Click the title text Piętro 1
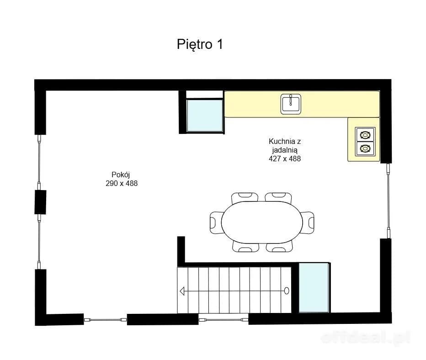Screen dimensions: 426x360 coord(200,44)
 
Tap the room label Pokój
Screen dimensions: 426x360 coord(121,175)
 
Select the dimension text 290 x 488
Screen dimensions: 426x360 coord(122,184)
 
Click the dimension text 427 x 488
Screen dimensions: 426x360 coord(285,159)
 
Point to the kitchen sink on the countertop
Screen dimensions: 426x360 coord(291,103)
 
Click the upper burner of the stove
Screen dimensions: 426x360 coord(365,135)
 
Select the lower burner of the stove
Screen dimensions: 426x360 coord(365,148)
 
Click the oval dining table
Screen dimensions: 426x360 coord(262,222)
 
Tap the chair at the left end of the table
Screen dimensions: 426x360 coord(216,222)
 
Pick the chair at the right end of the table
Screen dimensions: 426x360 coord(308,222)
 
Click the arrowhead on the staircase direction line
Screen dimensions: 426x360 coord(182,291)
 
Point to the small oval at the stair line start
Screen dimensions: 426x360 coord(286,291)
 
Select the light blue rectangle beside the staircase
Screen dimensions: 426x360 coord(314,288)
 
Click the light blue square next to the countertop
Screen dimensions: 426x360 coord(205,116)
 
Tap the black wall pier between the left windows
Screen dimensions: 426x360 coord(40,202)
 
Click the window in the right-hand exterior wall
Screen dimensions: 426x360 coord(389,201)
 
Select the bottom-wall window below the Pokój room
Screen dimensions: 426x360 coord(105,320)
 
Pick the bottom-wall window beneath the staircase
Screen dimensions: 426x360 coord(224,320)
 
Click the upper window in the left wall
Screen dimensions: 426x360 coord(39,162)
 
